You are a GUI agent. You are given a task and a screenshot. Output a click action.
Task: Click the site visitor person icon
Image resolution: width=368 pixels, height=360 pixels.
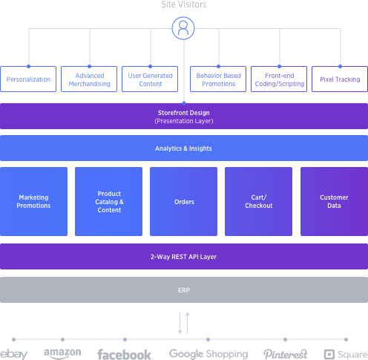click(183, 28)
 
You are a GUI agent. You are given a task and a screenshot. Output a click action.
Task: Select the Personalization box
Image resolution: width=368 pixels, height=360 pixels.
click(28, 79)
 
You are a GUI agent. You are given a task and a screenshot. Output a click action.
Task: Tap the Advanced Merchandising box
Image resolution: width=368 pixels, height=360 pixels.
click(89, 79)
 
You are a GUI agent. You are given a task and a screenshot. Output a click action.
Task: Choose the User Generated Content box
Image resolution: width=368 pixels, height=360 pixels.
click(150, 79)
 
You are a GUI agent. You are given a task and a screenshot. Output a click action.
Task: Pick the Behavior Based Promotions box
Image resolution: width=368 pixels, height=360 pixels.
click(218, 79)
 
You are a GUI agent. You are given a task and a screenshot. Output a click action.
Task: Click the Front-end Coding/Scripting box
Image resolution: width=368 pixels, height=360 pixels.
click(279, 79)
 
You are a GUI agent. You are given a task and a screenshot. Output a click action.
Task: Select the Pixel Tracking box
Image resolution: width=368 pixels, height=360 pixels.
click(340, 79)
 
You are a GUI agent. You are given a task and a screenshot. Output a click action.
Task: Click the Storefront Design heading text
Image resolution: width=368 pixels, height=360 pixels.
click(184, 113)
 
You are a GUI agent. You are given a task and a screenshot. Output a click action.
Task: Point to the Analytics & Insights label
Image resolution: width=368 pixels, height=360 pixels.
click(183, 148)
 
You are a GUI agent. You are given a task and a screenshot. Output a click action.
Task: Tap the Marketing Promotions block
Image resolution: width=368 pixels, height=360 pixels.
click(33, 201)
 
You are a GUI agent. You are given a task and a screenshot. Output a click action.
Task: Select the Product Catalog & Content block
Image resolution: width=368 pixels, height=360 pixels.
click(108, 201)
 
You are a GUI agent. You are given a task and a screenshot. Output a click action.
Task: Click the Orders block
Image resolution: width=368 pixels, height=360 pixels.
click(183, 201)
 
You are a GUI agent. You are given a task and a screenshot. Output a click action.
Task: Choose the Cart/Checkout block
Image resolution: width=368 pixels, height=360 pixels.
click(258, 201)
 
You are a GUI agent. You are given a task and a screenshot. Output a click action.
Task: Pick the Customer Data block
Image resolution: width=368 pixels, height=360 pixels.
click(334, 201)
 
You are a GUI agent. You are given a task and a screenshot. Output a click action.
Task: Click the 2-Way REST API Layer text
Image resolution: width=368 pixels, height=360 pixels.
click(183, 257)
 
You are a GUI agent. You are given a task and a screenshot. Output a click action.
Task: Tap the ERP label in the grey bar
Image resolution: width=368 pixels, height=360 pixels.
click(184, 290)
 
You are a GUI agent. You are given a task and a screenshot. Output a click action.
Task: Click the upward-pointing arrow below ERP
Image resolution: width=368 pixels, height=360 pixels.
click(188, 323)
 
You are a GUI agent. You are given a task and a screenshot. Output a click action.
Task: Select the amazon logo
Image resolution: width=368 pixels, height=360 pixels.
click(62, 353)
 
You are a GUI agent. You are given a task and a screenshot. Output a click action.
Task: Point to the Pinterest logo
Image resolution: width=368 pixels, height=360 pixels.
click(286, 354)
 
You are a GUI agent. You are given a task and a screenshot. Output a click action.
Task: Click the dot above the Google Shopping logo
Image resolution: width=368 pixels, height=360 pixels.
click(208, 339)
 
